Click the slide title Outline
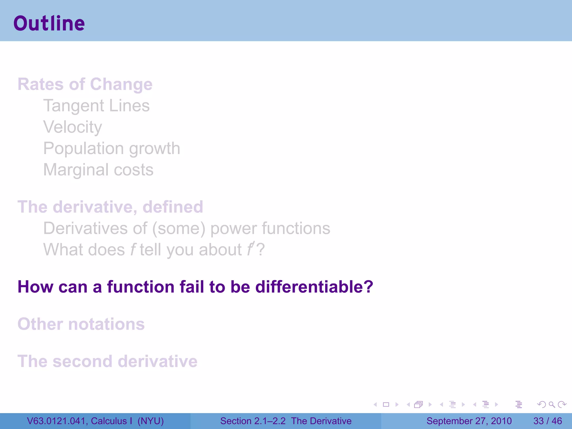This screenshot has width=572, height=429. [49, 23]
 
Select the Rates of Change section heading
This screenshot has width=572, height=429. [85, 84]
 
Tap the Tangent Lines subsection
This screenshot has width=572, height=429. [96, 106]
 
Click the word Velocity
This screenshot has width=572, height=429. [73, 127]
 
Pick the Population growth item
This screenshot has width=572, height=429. [112, 148]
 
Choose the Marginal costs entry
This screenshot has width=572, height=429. [98, 170]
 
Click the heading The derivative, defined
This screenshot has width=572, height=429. [110, 207]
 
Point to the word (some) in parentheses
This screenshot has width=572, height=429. [179, 228]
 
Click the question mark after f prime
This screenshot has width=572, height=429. [261, 249]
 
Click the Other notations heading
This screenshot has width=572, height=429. [81, 324]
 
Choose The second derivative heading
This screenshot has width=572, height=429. [108, 361]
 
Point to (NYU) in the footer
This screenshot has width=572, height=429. [151, 421]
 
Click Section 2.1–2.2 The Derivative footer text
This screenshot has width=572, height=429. [286, 421]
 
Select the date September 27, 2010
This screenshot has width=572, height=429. [469, 421]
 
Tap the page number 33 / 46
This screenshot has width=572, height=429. [547, 421]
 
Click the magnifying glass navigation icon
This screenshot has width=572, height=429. [552, 404]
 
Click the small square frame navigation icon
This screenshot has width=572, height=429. [386, 404]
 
